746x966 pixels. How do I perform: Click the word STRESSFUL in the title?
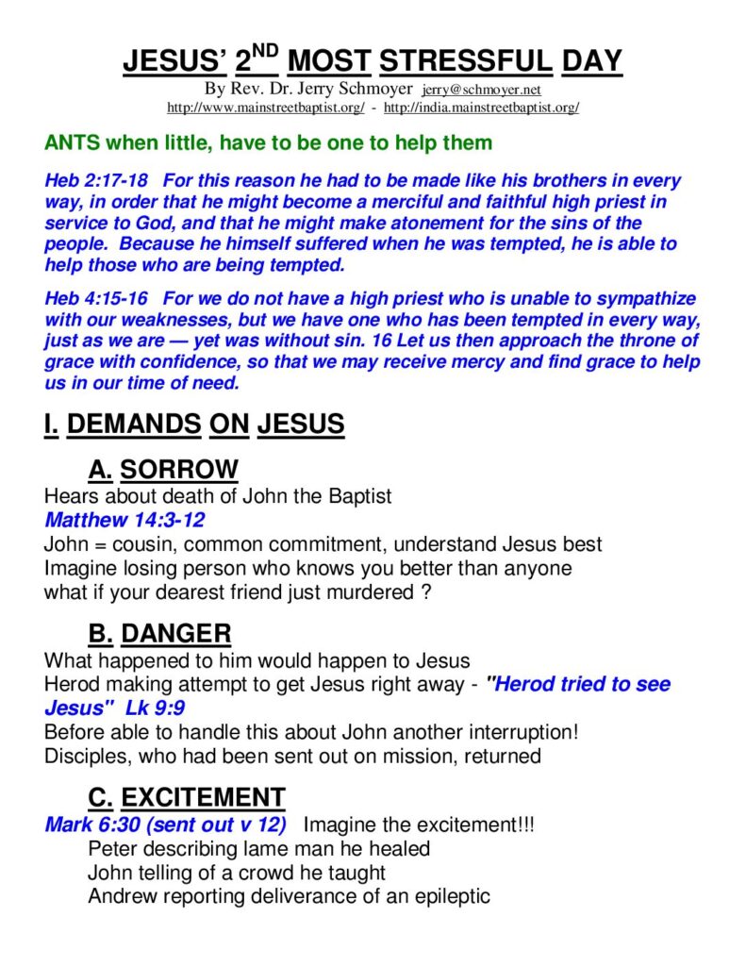pos(465,61)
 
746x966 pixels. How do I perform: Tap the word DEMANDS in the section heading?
pos(134,425)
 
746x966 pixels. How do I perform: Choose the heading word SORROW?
pos(179,470)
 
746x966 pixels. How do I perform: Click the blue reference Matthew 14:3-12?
pos(124,520)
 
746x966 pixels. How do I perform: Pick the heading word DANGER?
pos(176,634)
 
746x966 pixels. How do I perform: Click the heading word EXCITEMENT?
pos(203,798)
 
